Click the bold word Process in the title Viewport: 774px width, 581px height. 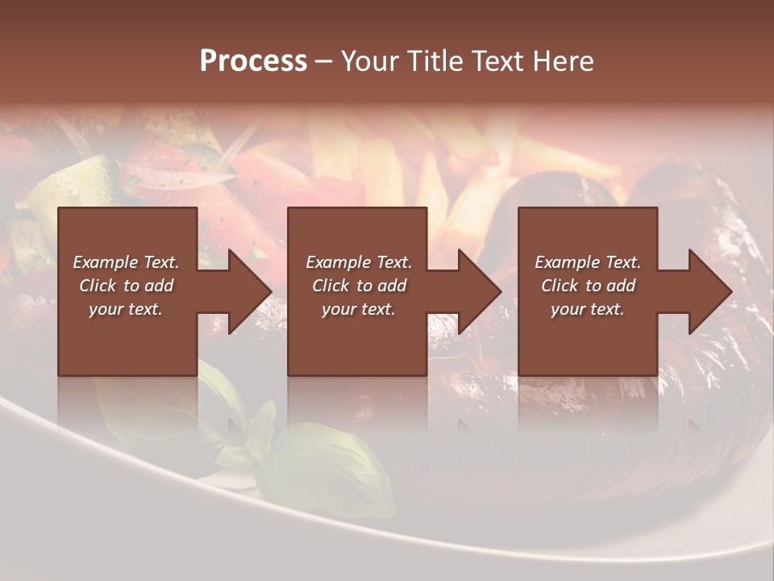[x=253, y=61]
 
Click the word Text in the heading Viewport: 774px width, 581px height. [x=499, y=61]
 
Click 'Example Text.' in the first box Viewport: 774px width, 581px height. [x=126, y=262]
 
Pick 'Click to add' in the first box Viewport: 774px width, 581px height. [x=127, y=286]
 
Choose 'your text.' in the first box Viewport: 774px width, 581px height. [x=126, y=309]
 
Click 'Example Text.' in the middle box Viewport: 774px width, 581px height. [x=358, y=262]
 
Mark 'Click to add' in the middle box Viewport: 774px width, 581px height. [x=359, y=286]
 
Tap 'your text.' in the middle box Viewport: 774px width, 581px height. [x=358, y=309]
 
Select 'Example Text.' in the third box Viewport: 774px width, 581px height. [x=588, y=262]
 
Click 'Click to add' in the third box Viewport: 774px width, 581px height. [x=589, y=286]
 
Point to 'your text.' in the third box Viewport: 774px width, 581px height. [x=588, y=309]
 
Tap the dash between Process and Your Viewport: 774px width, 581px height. [x=323, y=61]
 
